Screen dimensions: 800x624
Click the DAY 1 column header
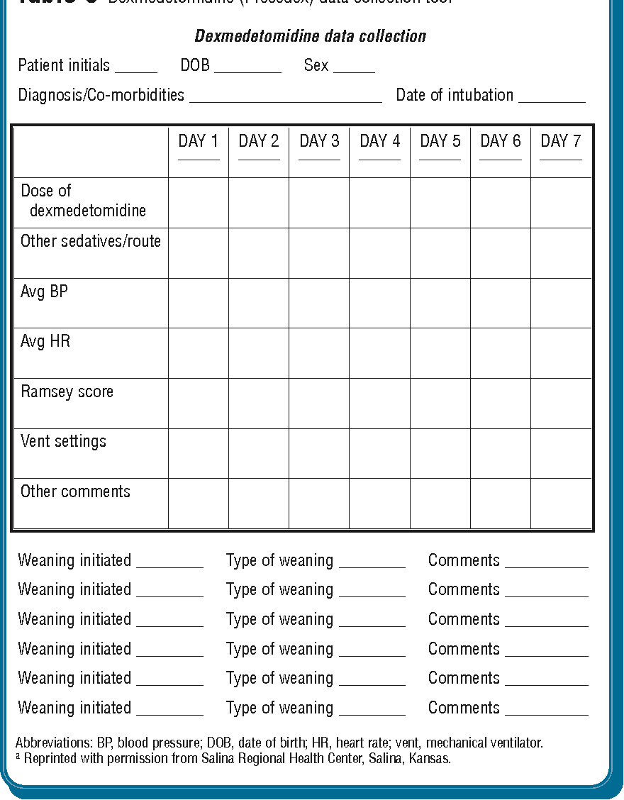(x=199, y=141)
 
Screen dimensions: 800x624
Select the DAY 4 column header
(x=379, y=141)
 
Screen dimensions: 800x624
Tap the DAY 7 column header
(x=561, y=141)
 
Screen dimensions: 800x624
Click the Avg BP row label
(x=44, y=291)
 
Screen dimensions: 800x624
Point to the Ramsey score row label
(x=67, y=391)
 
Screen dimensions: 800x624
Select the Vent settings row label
(x=63, y=441)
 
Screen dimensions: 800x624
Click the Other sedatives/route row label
(x=91, y=241)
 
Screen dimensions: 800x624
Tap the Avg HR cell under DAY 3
(x=319, y=353)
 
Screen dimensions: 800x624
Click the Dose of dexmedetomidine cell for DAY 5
(x=440, y=203)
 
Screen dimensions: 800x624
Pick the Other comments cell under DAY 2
(x=259, y=504)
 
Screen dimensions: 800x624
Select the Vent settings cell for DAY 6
(x=501, y=453)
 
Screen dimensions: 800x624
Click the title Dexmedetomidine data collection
(x=311, y=36)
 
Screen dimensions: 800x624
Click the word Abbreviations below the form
(x=52, y=743)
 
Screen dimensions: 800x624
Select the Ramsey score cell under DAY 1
(x=199, y=404)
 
